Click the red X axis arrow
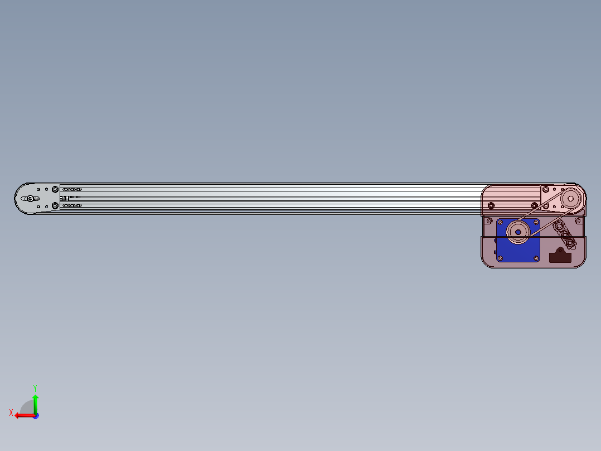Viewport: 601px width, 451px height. pos(25,415)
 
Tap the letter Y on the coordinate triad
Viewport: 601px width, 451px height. pos(35,388)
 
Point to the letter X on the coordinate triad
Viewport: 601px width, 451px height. pos(11,412)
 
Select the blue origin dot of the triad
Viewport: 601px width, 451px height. pos(36,416)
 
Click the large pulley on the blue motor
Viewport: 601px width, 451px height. pos(518,232)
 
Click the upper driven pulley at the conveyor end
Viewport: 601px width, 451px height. pos(571,199)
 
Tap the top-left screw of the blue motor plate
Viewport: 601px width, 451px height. pos(500,223)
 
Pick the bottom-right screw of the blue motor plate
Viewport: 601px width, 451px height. pos(536,258)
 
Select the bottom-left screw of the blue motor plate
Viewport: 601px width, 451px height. pos(500,258)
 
